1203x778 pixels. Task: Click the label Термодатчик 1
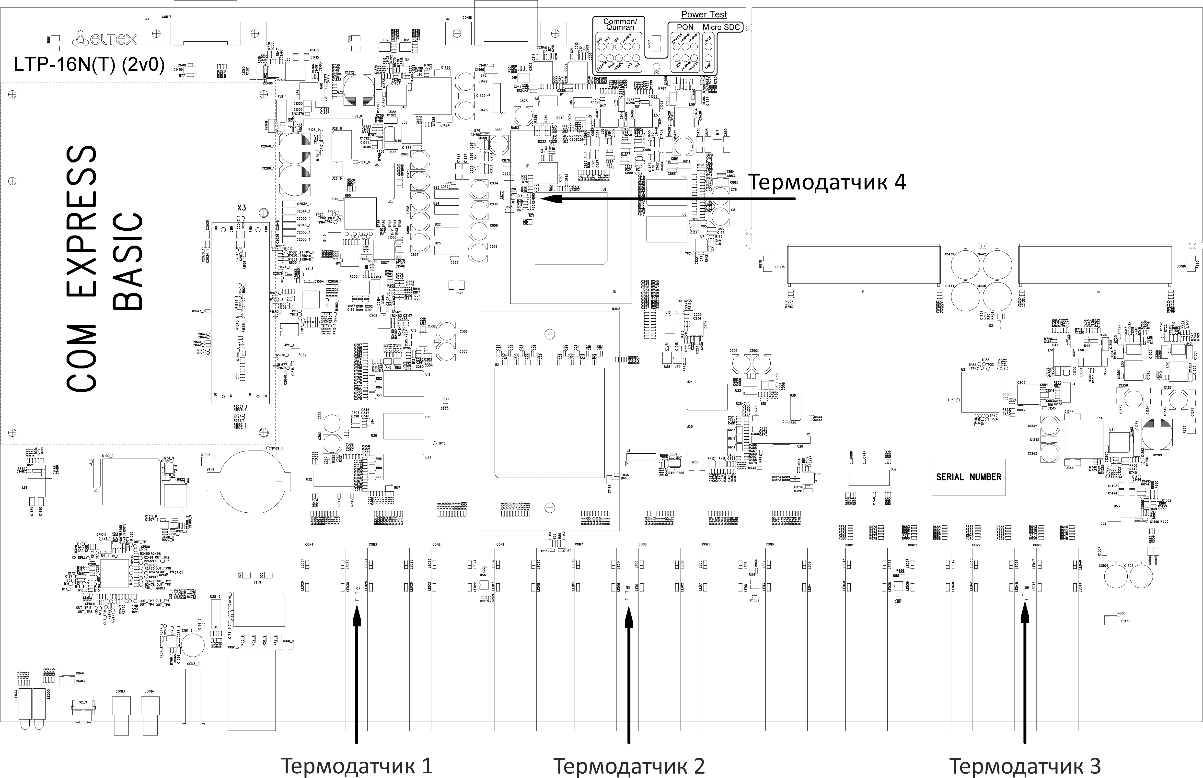(357, 765)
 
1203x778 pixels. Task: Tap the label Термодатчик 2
(629, 765)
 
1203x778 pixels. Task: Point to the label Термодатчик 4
(827, 182)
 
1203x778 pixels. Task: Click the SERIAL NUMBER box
(968, 477)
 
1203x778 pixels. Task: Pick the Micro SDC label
(721, 27)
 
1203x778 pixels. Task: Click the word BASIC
(128, 261)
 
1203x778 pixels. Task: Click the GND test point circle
(656, 66)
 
